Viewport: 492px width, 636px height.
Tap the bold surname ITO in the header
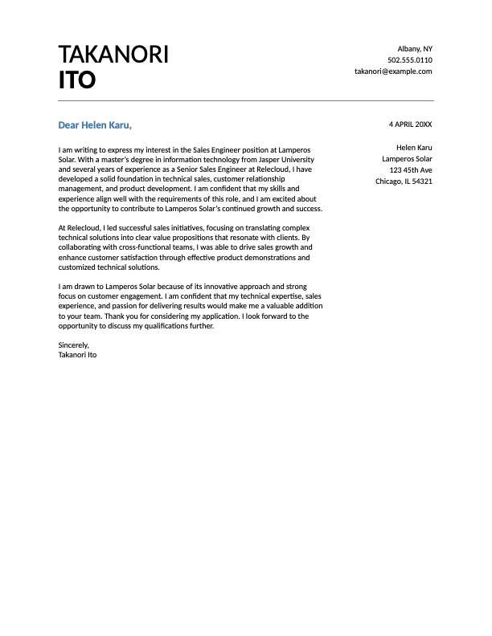pos(77,80)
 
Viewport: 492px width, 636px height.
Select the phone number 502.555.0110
pos(409,60)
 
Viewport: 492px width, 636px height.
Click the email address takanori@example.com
pos(393,71)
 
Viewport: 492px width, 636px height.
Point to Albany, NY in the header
pos(415,49)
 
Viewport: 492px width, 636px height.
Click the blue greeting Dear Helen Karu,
pos(95,125)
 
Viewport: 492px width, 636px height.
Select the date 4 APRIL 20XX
pos(410,124)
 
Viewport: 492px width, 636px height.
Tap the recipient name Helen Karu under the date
pos(414,148)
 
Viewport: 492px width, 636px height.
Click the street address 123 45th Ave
pos(410,170)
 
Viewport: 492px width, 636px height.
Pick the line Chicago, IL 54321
pos(404,181)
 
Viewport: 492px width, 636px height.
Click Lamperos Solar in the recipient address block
pos(407,159)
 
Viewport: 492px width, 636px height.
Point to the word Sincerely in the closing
pos(73,344)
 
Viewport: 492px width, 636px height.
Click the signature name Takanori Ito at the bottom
pos(77,354)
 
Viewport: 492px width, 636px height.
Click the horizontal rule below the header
pos(246,100)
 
